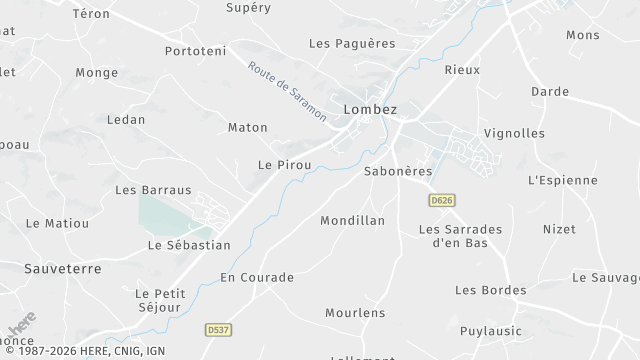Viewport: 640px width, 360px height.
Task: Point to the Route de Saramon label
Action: coord(287,92)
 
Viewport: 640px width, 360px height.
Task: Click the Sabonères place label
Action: coord(398,171)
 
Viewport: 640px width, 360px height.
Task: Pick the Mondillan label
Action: coord(352,220)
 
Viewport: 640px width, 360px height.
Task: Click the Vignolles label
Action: coord(514,133)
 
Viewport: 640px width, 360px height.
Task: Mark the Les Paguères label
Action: coord(352,44)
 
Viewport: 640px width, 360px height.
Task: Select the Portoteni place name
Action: coord(197,50)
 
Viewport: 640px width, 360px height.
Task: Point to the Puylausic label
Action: coord(492,331)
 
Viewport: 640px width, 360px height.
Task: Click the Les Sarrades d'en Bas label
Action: coord(460,235)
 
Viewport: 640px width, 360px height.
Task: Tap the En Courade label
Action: coord(257,277)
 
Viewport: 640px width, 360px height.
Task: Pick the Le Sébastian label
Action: coord(189,245)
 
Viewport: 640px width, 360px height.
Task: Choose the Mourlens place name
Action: coord(355,313)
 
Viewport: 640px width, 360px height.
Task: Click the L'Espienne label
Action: coord(562,181)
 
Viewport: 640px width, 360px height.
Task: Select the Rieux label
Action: coord(463,70)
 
